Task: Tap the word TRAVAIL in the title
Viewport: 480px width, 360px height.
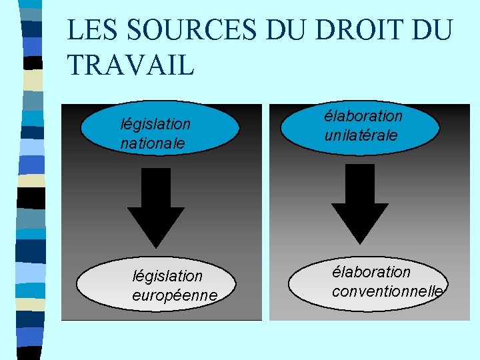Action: point(131,65)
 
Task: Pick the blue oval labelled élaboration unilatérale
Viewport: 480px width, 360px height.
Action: point(360,126)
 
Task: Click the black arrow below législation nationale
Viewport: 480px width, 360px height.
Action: point(156,207)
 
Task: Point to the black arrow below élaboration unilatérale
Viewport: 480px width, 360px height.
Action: point(360,203)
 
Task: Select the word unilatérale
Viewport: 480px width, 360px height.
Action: point(361,135)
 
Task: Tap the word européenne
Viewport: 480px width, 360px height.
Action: point(175,294)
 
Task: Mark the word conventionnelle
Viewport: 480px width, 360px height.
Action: point(387,291)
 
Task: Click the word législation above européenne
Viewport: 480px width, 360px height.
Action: point(167,275)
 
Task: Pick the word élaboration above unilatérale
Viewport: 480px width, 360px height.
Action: point(363,116)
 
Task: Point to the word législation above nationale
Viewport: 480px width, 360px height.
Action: point(155,124)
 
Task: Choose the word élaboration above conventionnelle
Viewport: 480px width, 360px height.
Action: point(371,272)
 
